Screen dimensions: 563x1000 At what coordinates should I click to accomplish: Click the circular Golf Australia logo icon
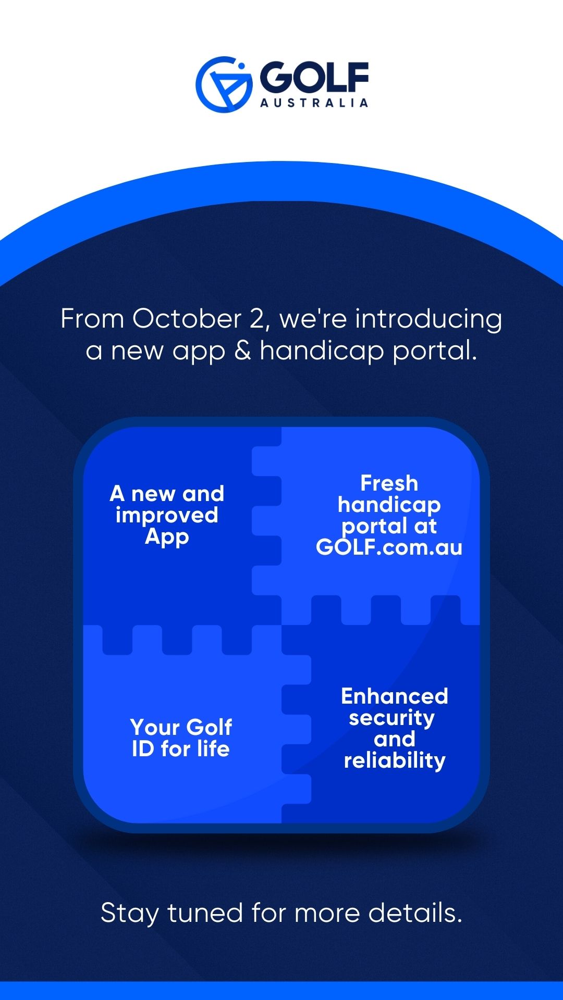[x=224, y=84]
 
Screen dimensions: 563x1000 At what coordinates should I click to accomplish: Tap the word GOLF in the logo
[x=314, y=77]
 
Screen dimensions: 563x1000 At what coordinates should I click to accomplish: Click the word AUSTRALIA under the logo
[x=314, y=103]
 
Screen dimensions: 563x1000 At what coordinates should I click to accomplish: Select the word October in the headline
[x=187, y=318]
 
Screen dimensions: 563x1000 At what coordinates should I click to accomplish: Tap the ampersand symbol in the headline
[x=242, y=350]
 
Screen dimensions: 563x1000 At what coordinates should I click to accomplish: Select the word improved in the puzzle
[x=167, y=516]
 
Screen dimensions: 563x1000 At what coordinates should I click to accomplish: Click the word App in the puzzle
[x=167, y=537]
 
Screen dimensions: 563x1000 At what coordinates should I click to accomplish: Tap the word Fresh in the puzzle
[x=389, y=483]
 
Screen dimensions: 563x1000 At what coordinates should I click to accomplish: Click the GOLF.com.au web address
[x=389, y=547]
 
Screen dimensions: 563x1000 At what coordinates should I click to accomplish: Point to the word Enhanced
[x=395, y=696]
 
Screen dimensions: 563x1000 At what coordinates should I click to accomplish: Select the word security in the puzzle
[x=391, y=718]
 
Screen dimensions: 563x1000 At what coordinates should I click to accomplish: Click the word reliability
[x=395, y=761]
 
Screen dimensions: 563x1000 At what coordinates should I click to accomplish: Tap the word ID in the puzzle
[x=143, y=749]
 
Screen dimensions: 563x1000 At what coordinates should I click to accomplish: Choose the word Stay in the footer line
[x=130, y=914]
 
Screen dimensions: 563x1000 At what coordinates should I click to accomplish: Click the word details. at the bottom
[x=415, y=913]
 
